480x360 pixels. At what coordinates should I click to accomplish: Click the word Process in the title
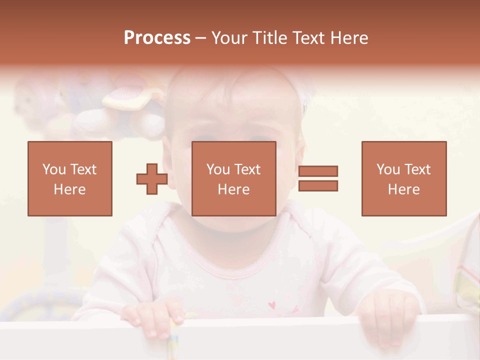click(x=157, y=38)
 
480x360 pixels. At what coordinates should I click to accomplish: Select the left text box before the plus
click(x=70, y=178)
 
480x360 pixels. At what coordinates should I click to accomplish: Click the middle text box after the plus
click(x=234, y=178)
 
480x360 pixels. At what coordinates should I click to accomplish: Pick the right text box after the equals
click(x=404, y=178)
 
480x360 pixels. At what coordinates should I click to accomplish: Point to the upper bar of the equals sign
click(x=318, y=171)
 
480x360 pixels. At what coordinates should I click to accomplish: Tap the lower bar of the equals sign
click(x=318, y=186)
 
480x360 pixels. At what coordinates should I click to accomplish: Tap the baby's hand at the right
click(x=388, y=315)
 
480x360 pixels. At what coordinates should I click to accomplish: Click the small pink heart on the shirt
click(x=272, y=304)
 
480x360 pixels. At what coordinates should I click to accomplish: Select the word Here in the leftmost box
click(x=69, y=189)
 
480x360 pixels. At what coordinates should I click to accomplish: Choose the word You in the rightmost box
click(x=388, y=169)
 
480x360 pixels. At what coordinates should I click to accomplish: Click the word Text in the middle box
click(x=247, y=169)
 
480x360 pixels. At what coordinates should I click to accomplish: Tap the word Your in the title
click(x=228, y=38)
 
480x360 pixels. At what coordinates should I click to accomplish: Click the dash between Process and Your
click(x=200, y=38)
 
